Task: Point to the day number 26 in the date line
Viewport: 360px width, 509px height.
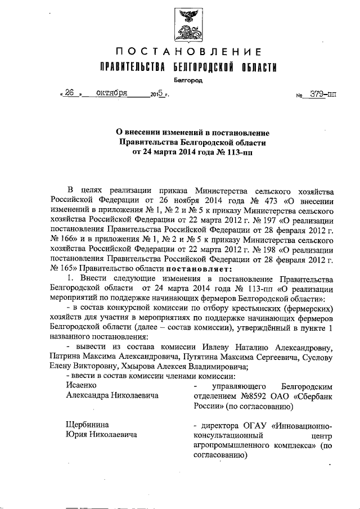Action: (x=70, y=94)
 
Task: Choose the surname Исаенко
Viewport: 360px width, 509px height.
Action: (x=82, y=385)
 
